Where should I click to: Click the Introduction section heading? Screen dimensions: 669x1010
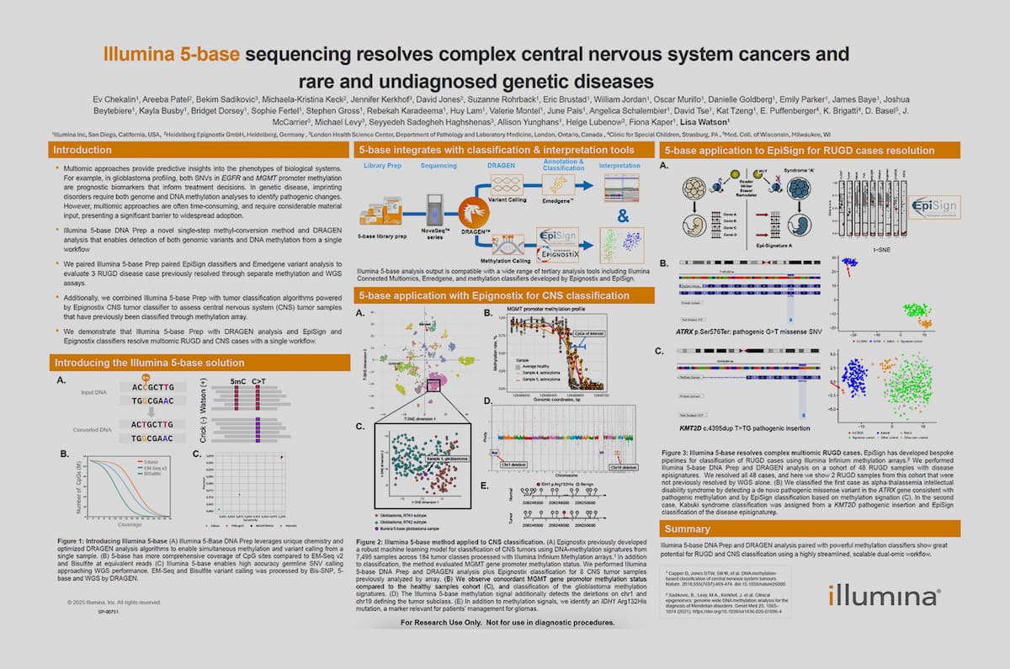[x=82, y=150]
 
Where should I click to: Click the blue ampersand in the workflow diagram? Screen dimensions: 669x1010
[x=623, y=216]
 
